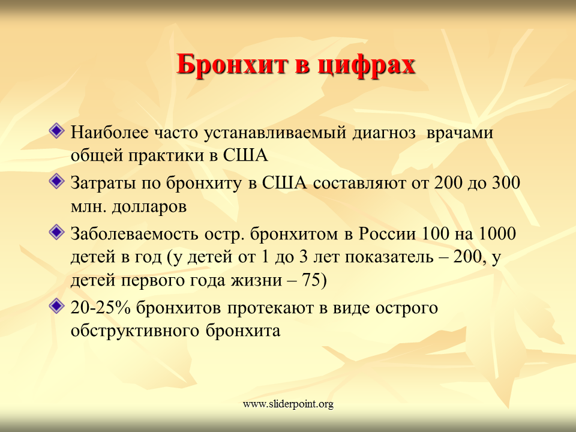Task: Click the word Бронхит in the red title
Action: pyautogui.click(x=232, y=65)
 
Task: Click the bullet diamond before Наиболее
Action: pyautogui.click(x=56, y=130)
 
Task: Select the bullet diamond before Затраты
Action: pyautogui.click(x=56, y=181)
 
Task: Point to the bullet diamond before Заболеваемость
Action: pyautogui.click(x=56, y=232)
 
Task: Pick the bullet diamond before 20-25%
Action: pyautogui.click(x=56, y=306)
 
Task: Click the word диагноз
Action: pyautogui.click(x=384, y=133)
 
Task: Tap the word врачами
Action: pyautogui.click(x=460, y=133)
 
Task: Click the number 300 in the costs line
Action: pyautogui.click(x=506, y=183)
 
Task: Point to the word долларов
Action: pyautogui.click(x=149, y=206)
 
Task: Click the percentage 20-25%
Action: pyautogui.click(x=100, y=308)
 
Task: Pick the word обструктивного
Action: pyautogui.click(x=135, y=331)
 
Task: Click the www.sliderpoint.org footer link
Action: pyautogui.click(x=288, y=404)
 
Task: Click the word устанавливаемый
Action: pyautogui.click(x=275, y=133)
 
